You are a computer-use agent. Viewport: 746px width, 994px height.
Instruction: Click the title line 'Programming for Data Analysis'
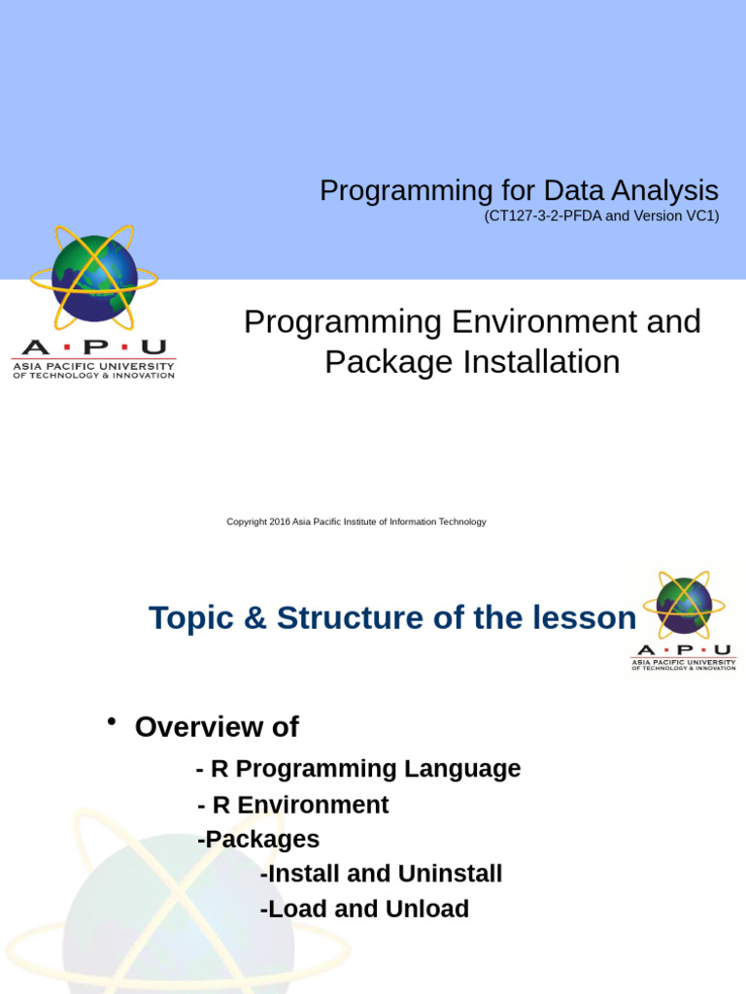(x=519, y=190)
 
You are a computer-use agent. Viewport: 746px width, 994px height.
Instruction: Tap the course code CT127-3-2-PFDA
(x=543, y=216)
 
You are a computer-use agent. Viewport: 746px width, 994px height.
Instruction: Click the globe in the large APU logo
(x=94, y=280)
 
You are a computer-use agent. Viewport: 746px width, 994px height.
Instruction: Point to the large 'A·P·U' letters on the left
(x=94, y=348)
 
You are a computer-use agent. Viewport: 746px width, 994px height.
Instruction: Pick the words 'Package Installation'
(x=472, y=362)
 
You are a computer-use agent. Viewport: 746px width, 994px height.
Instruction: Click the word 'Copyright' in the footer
(x=247, y=522)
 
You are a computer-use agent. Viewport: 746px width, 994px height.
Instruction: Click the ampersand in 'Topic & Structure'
(x=254, y=617)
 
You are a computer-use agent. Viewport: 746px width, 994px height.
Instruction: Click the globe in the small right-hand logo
(x=684, y=605)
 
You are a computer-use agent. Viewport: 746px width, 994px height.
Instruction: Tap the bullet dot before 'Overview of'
(x=112, y=721)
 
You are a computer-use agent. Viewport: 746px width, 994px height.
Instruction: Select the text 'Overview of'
(x=217, y=727)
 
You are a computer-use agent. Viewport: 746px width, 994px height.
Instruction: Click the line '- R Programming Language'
(x=358, y=769)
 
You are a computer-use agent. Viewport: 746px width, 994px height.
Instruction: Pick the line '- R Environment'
(x=293, y=805)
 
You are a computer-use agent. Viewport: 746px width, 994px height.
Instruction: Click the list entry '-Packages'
(x=258, y=839)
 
